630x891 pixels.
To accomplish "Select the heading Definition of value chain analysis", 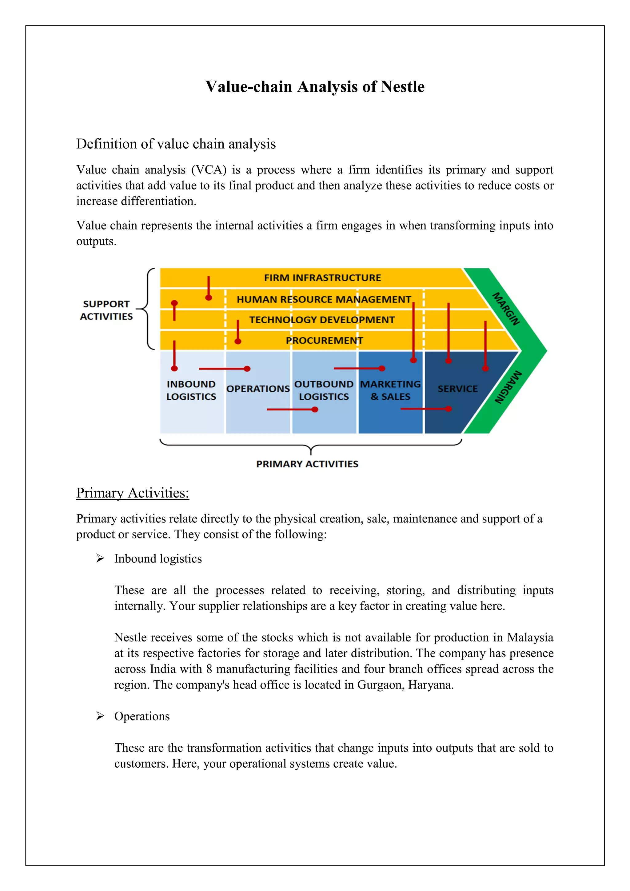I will [x=176, y=144].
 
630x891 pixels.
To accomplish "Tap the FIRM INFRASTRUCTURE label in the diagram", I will [x=322, y=278].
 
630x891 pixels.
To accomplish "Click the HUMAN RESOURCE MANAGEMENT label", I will [x=324, y=299].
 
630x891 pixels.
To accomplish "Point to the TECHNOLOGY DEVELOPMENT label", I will [x=321, y=320].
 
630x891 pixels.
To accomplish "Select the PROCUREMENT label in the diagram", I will [x=324, y=340].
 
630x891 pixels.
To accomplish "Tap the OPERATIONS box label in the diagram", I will [x=258, y=389].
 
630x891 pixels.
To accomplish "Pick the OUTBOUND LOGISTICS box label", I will [x=324, y=390].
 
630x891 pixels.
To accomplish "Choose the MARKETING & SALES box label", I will [x=390, y=390].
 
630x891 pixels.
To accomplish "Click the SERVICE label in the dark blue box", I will [x=457, y=389].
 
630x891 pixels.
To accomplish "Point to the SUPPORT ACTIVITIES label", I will [x=106, y=310].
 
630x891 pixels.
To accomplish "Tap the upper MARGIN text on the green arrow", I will [x=506, y=309].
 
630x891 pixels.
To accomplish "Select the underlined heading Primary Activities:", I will [x=133, y=493].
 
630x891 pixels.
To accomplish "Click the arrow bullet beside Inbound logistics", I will [x=100, y=558].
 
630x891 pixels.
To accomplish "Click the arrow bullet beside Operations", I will [x=100, y=716].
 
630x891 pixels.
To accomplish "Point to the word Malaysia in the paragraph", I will [x=530, y=637].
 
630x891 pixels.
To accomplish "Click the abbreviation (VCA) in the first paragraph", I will [x=209, y=170].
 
